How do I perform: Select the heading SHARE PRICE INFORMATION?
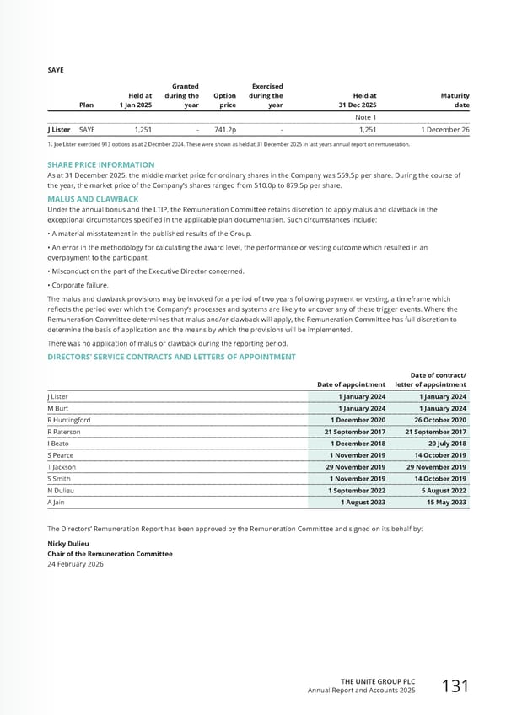coord(101,165)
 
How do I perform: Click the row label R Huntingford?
coord(69,420)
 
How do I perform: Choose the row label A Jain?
coord(57,502)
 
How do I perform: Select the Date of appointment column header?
coord(351,384)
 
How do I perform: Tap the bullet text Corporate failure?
coord(80,285)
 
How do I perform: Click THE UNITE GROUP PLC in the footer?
coord(379,680)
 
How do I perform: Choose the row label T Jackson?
coord(62,466)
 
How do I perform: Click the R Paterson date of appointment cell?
coord(355,432)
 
